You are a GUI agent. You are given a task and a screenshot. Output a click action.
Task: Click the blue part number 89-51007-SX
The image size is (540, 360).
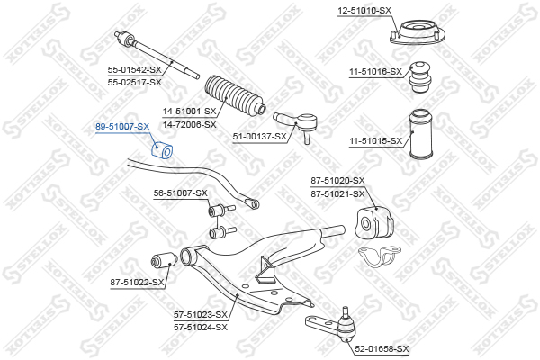click(122, 127)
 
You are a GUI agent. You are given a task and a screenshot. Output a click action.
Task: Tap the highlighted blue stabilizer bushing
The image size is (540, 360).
click(162, 150)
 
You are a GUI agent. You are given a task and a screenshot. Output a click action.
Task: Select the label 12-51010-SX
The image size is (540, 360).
click(364, 11)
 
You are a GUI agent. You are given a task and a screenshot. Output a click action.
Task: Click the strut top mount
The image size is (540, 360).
click(418, 32)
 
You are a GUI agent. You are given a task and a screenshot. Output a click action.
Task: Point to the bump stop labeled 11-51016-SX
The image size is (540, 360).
click(420, 77)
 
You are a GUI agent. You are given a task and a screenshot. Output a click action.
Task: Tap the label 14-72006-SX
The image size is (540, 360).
click(189, 124)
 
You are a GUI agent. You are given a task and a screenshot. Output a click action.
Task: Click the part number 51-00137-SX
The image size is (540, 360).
click(260, 137)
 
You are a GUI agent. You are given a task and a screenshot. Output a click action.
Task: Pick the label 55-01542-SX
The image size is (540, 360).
click(134, 70)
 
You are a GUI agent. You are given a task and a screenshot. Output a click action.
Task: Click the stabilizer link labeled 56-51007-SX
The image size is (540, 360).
click(221, 221)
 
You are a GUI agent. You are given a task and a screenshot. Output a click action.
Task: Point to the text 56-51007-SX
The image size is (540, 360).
click(181, 193)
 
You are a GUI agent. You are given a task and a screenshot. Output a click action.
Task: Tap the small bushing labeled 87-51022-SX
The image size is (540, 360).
click(165, 260)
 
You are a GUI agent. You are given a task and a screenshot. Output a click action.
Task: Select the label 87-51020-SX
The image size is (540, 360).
click(337, 181)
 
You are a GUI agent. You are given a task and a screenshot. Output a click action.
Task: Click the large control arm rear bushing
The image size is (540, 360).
click(373, 223)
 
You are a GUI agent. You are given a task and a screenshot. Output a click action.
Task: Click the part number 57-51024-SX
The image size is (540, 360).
click(201, 327)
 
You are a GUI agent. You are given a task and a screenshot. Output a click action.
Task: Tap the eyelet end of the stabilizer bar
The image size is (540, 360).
click(253, 203)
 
